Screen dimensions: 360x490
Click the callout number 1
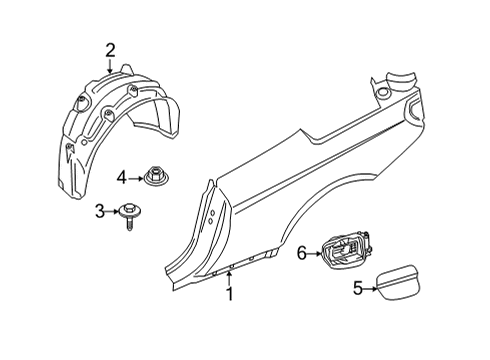(x=229, y=294)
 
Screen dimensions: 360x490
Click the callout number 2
(x=110, y=49)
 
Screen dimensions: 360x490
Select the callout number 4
(x=121, y=178)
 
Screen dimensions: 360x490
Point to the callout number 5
(x=359, y=288)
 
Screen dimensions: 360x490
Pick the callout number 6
(x=301, y=254)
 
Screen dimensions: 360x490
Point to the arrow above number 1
(x=229, y=278)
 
